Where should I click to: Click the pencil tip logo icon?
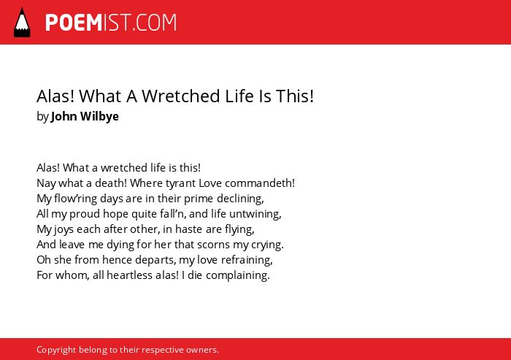tap(22, 23)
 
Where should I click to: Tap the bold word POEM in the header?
tap(74, 23)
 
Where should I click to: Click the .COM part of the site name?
tap(155, 23)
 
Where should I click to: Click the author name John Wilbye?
tap(85, 116)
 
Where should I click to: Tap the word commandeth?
tap(260, 183)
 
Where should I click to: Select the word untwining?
tap(255, 214)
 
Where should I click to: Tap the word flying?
tap(239, 229)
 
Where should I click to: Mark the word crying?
tap(267, 245)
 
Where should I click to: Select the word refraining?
tap(247, 260)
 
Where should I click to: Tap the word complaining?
tap(238, 275)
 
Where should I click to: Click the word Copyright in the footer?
tap(56, 350)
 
